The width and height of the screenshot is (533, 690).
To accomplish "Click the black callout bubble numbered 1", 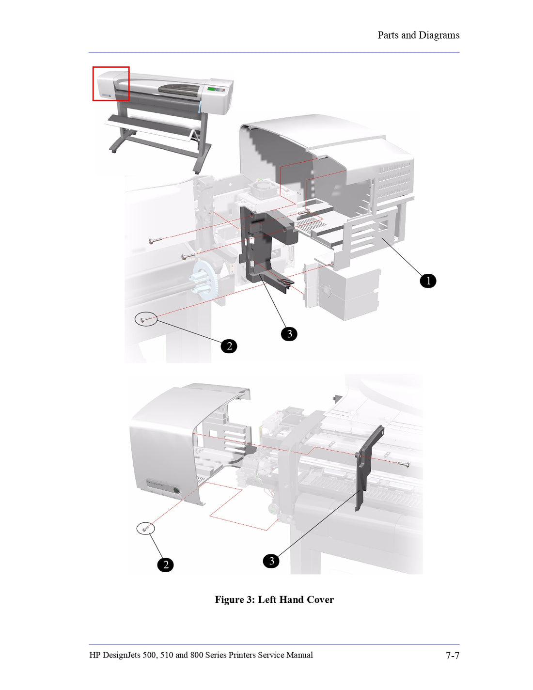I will (x=428, y=281).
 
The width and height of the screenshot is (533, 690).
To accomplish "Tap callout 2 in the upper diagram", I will (x=229, y=346).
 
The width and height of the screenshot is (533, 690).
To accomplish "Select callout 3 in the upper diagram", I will (x=289, y=334).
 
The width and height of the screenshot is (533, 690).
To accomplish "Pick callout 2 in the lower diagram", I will (x=165, y=565).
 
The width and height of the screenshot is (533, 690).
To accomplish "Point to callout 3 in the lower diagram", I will (x=271, y=561).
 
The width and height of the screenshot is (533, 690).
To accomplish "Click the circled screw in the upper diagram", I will (x=146, y=319).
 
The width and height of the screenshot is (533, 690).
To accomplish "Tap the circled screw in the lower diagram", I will (x=145, y=528).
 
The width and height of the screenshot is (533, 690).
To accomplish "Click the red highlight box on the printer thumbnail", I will (x=111, y=84).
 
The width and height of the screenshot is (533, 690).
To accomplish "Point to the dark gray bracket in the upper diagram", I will (x=262, y=242).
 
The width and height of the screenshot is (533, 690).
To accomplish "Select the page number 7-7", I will (x=452, y=656).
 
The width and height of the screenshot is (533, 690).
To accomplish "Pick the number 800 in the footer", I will (x=197, y=655).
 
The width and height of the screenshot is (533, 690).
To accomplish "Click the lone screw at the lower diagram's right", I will (x=404, y=465).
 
